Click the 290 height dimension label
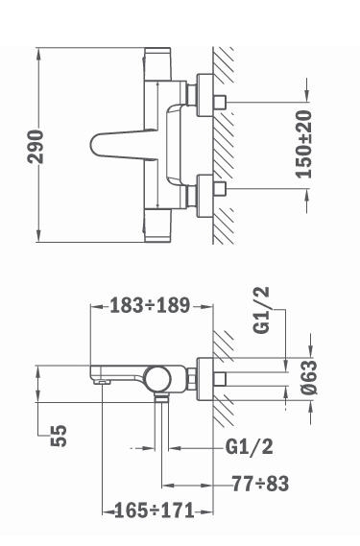[36, 147]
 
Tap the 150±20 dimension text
[303, 144]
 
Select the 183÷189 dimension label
[150, 306]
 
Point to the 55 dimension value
[59, 436]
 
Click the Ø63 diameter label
[309, 377]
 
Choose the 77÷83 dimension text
[260, 484]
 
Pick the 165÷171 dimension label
[154, 510]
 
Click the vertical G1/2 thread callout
[261, 310]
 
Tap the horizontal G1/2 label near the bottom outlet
[250, 446]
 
